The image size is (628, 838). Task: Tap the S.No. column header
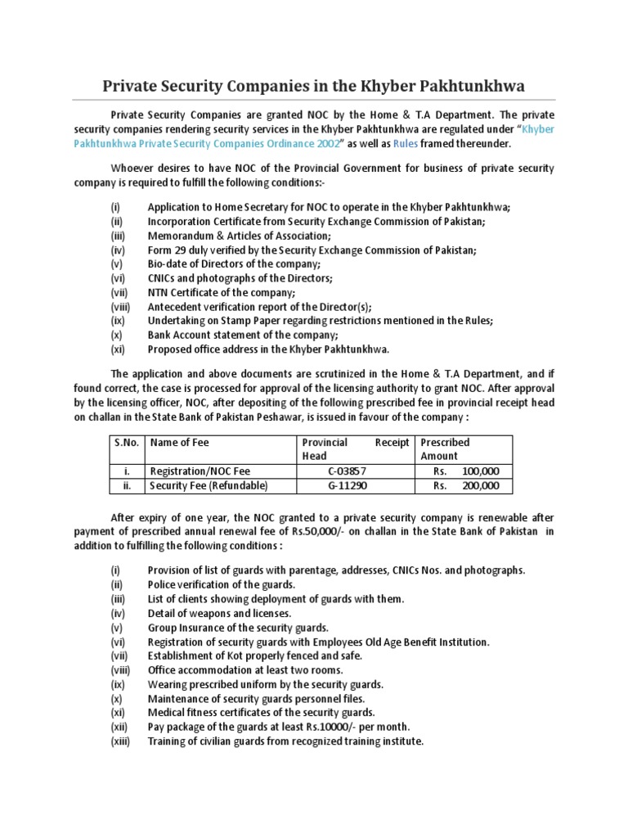pos(126,443)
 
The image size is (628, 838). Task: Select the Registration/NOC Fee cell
pos(198,471)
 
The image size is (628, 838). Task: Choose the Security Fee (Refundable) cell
pos(208,486)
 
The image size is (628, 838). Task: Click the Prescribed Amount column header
pos(445,449)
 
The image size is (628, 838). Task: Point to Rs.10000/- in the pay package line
pos(320,727)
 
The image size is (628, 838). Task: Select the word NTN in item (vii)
pos(159,293)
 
